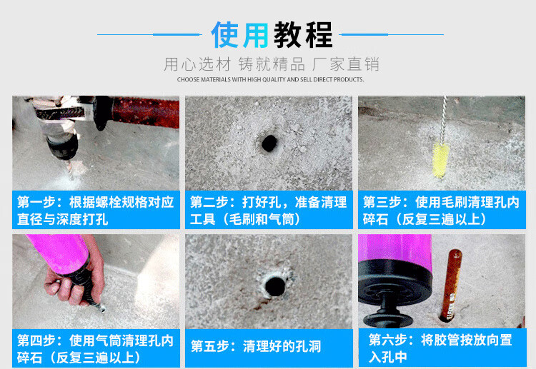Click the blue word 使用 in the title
point(239,34)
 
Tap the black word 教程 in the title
point(303,34)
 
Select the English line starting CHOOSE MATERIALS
point(270,79)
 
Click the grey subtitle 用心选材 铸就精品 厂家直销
point(272,64)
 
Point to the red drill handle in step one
point(145,112)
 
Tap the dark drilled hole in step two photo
point(269,143)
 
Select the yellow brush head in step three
point(441,161)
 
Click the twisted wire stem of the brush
point(444,120)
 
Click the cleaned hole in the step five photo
point(274,286)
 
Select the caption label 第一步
point(36,202)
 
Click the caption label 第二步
point(209,202)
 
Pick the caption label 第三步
point(382,202)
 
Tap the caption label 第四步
point(36,340)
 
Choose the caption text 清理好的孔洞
point(282,346)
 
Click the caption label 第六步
point(387,340)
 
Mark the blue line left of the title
point(149,34)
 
